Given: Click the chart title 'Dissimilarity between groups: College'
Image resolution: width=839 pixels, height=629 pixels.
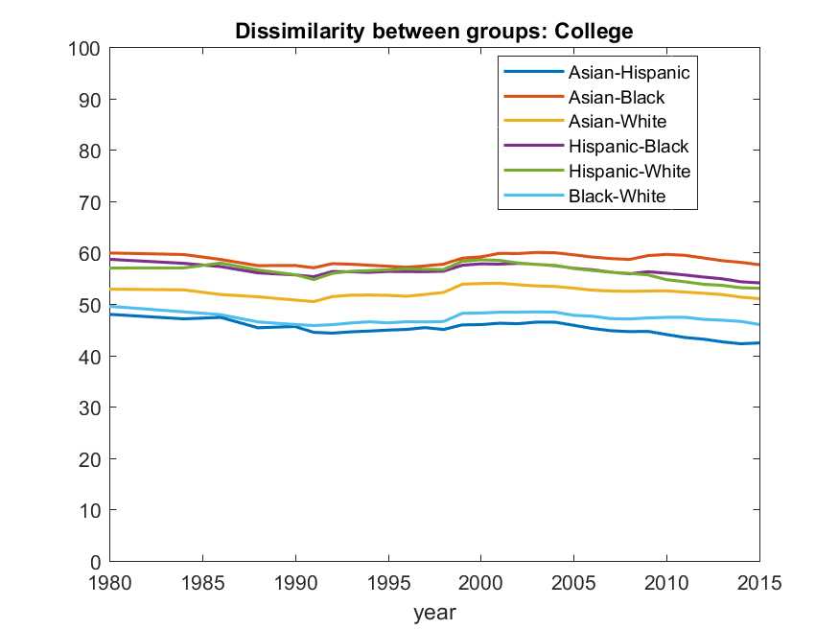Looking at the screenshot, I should pos(434,32).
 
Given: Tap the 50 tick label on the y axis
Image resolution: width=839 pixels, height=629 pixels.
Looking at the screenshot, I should pos(89,305).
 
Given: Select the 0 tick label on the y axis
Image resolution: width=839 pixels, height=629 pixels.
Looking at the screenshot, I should pos(94,562).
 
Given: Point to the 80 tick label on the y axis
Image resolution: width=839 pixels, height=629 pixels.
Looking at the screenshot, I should pos(89,151).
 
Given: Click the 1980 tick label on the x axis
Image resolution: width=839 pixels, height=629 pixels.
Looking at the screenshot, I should pos(109,582).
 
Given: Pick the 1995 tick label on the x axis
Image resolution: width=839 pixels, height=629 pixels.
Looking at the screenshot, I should pos(387,582).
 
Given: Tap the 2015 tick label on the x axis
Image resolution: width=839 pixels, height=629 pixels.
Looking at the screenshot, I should pos(759,582).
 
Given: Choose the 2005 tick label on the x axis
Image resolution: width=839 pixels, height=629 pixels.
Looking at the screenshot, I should pos(573,582).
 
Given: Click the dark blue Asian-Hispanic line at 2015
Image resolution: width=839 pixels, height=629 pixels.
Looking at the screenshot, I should pos(758,342).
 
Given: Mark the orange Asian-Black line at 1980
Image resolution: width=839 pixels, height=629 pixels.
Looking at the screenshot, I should pos(110,253).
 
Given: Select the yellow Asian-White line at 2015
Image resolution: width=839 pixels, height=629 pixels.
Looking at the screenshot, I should pos(758,299).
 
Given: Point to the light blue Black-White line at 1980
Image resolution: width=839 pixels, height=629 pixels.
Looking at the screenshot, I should pos(110,307).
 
